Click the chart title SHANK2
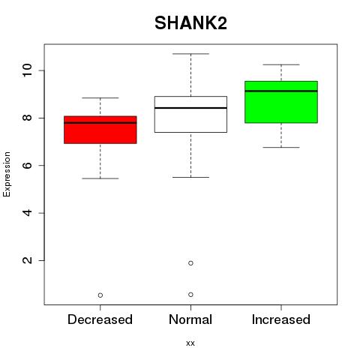(190, 23)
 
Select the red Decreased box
(100, 130)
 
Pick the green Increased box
(281, 102)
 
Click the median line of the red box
(100, 123)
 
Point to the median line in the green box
(281, 91)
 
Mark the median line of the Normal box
(190, 108)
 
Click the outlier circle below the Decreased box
(100, 295)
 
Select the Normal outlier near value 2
(190, 263)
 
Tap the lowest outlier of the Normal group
(190, 295)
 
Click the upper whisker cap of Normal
(190, 54)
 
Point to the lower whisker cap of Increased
(281, 148)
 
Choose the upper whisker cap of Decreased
(100, 97)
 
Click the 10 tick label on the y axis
(27, 70)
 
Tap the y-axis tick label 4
(27, 213)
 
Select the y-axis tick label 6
(27, 165)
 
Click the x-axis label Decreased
(100, 319)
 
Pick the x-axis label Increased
(281, 319)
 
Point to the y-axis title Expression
(7, 174)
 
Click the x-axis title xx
(190, 343)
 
